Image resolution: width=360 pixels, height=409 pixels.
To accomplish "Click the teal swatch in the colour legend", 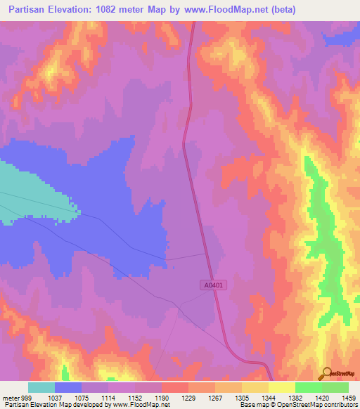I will click(41, 387).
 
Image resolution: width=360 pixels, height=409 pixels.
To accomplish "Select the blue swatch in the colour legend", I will click(68, 387).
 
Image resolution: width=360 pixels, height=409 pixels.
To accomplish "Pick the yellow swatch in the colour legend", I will click(281, 387).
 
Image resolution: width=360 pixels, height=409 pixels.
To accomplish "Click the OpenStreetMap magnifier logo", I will click(327, 373).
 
